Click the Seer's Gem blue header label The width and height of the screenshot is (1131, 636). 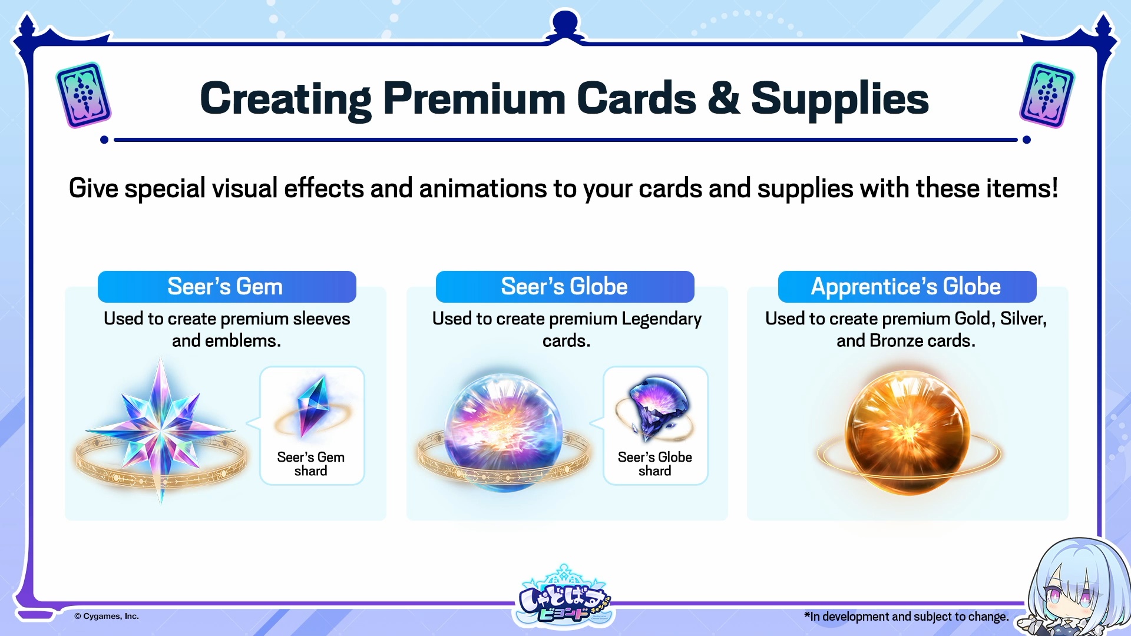227,287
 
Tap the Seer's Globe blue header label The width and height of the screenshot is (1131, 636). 565,287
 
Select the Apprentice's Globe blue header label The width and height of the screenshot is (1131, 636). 907,287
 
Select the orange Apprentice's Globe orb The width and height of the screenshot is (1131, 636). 907,432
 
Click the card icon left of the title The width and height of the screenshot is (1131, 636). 84,95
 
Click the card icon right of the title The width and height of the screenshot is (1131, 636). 1047,95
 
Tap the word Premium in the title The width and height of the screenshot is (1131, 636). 475,98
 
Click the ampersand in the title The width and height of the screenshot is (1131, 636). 723,98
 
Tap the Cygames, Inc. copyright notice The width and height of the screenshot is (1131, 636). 107,617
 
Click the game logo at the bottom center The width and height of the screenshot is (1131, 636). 565,596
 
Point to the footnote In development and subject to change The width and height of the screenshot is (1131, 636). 907,617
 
